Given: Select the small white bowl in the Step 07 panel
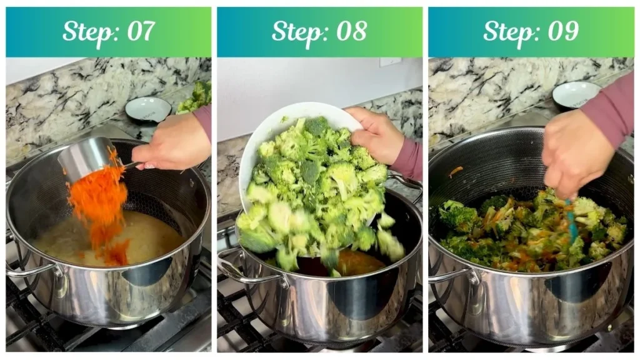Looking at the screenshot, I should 148,109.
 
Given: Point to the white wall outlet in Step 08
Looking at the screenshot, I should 390,62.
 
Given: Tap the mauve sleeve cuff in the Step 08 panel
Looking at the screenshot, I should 409,159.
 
